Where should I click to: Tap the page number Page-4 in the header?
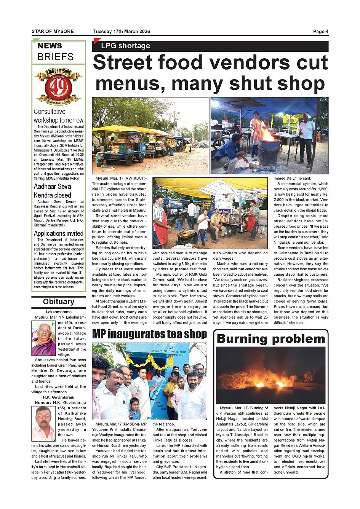(x=320, y=32)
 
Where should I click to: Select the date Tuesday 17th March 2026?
(x=122, y=32)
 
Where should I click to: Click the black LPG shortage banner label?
(x=125, y=46)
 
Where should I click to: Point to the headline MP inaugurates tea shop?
(x=149, y=334)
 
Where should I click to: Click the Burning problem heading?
(x=270, y=339)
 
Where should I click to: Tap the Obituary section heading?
(x=59, y=302)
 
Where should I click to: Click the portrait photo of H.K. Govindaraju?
(x=43, y=423)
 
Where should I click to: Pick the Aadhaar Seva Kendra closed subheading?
(x=53, y=191)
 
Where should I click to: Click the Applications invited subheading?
(x=59, y=233)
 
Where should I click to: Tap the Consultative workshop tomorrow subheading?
(x=58, y=116)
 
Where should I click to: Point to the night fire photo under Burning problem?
(x=270, y=375)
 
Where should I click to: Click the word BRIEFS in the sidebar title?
(x=56, y=57)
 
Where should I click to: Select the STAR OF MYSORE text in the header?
(x=53, y=32)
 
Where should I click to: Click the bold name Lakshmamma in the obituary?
(x=59, y=312)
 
